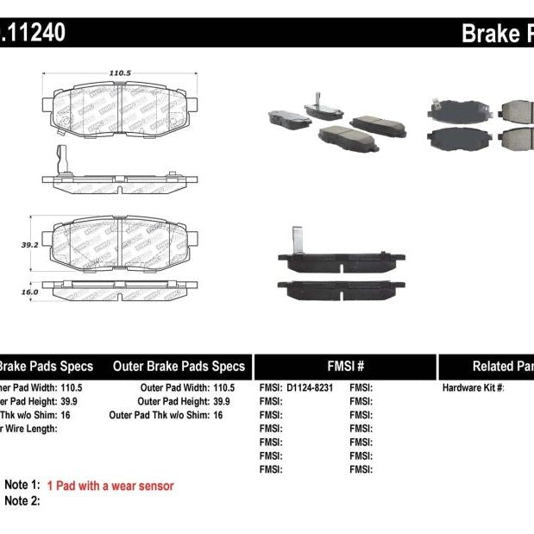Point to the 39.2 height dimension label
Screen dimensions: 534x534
(x=30, y=244)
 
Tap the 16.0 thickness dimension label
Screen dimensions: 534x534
(x=30, y=292)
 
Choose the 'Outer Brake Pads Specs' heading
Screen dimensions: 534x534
(x=179, y=366)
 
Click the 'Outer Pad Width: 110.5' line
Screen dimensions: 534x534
(x=187, y=387)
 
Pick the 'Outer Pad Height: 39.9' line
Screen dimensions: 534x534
(x=185, y=401)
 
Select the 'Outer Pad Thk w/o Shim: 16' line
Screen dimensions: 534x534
(x=166, y=415)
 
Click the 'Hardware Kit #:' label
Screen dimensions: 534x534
(x=473, y=387)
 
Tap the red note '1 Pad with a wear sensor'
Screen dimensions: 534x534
(x=110, y=486)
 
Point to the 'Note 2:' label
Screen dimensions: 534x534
(x=22, y=500)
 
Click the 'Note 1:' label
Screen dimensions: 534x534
(x=22, y=486)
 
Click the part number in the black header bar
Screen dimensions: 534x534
(x=33, y=33)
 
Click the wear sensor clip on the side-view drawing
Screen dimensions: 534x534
(x=60, y=160)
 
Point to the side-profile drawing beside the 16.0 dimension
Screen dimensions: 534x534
(x=121, y=292)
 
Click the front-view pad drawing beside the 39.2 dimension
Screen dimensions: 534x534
(x=121, y=244)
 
